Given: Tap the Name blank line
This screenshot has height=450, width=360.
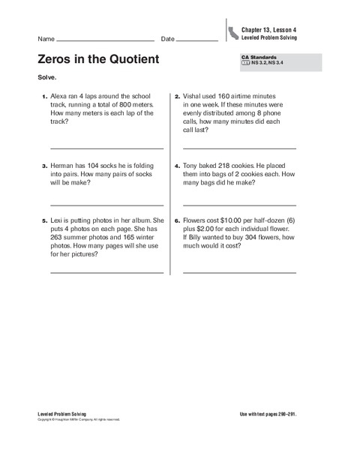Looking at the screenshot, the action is [x=105, y=40].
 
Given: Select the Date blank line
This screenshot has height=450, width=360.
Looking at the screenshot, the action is [x=197, y=40].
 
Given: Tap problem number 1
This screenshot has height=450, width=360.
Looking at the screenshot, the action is [x=43, y=97].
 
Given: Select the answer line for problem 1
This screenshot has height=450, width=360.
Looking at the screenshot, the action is [x=106, y=148].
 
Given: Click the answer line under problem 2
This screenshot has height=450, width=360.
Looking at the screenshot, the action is [x=239, y=148].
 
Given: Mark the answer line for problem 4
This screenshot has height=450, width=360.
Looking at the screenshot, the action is [x=239, y=204].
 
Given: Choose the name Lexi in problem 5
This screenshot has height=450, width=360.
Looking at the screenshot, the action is [x=57, y=221].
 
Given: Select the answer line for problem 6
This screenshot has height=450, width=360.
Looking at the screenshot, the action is [x=239, y=272].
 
